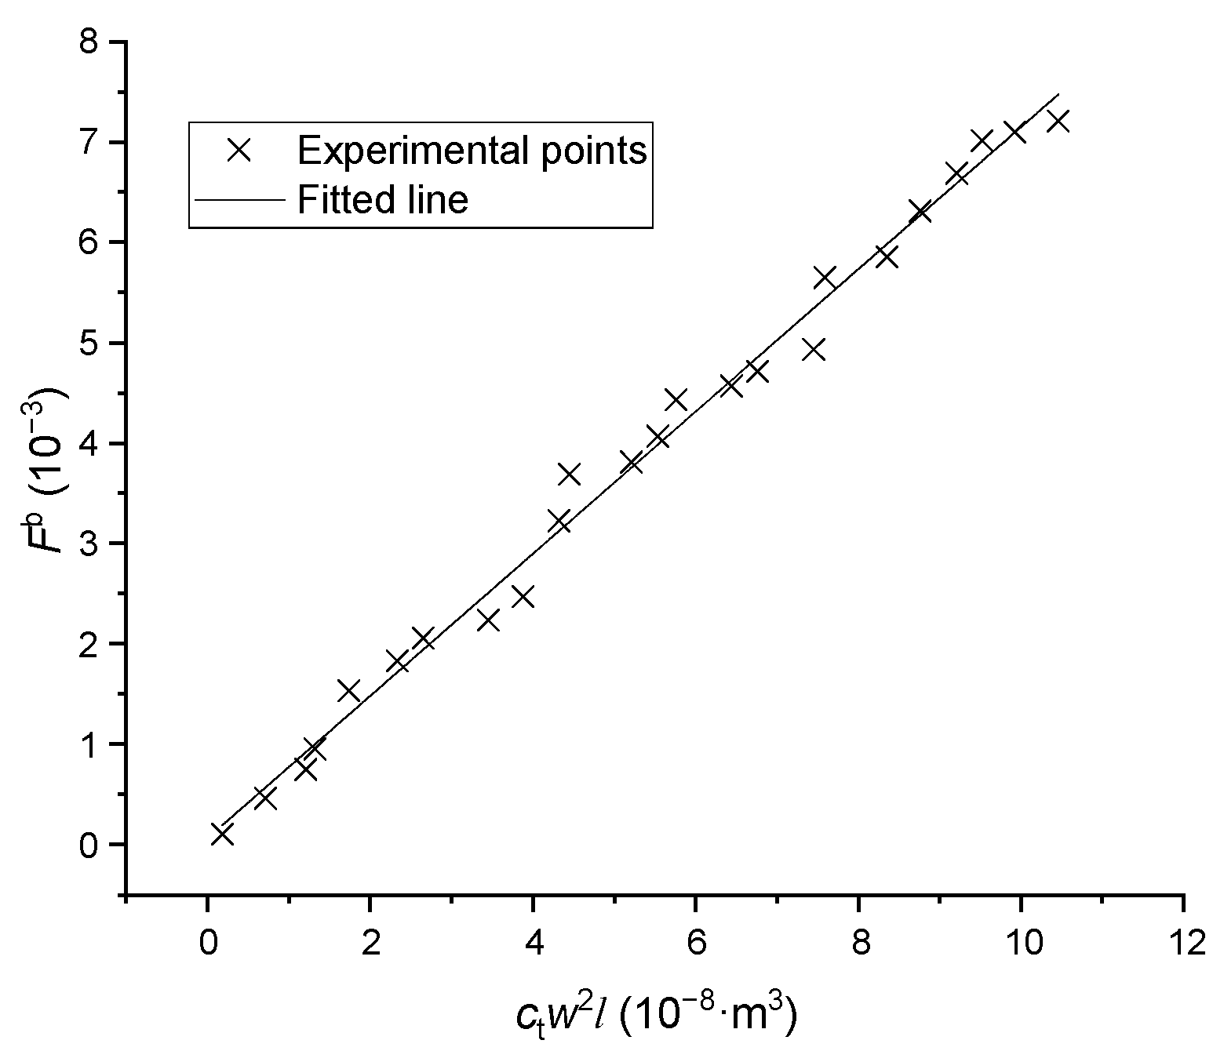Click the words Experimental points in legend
pyautogui.click(x=472, y=150)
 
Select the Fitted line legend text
pyautogui.click(x=383, y=199)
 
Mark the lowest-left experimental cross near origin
pyautogui.click(x=222, y=834)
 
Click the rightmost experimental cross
pyautogui.click(x=1058, y=122)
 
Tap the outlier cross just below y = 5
pyautogui.click(x=814, y=350)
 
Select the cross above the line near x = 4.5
pyautogui.click(x=569, y=475)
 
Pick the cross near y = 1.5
pyautogui.click(x=348, y=690)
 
